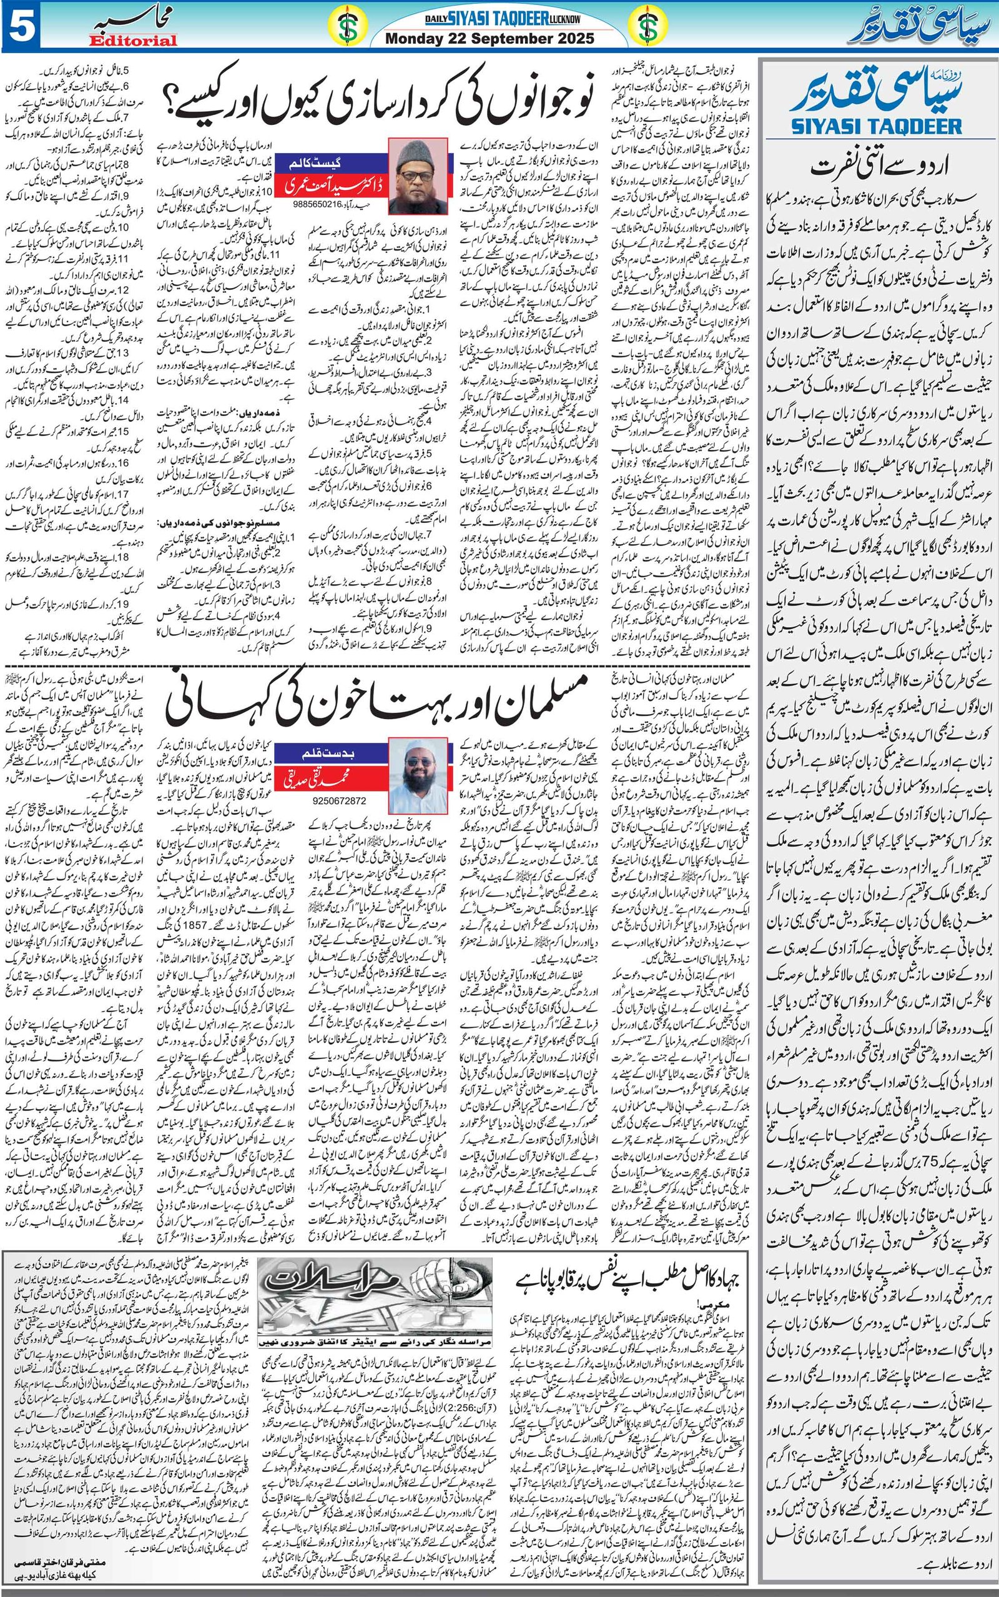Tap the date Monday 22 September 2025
pyautogui.click(x=490, y=38)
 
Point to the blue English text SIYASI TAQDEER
pyautogui.click(x=876, y=126)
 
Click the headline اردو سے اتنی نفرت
pyautogui.click(x=877, y=165)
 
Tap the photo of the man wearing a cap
pyautogui.click(x=413, y=174)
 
